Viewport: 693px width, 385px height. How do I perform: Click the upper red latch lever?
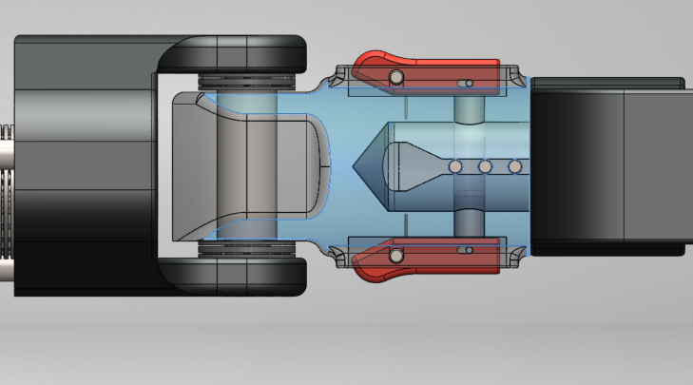(428, 71)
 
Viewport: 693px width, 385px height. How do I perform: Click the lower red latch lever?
(428, 259)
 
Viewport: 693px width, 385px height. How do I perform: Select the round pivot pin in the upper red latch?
(396, 76)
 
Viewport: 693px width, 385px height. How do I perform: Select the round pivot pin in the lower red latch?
(396, 254)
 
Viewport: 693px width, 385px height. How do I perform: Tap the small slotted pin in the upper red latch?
(465, 83)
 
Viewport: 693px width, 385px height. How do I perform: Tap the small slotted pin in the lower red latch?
(465, 250)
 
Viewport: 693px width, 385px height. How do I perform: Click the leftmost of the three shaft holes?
(455, 167)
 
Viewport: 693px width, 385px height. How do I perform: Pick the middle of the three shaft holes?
(485, 167)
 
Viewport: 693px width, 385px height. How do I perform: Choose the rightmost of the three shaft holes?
(515, 167)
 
